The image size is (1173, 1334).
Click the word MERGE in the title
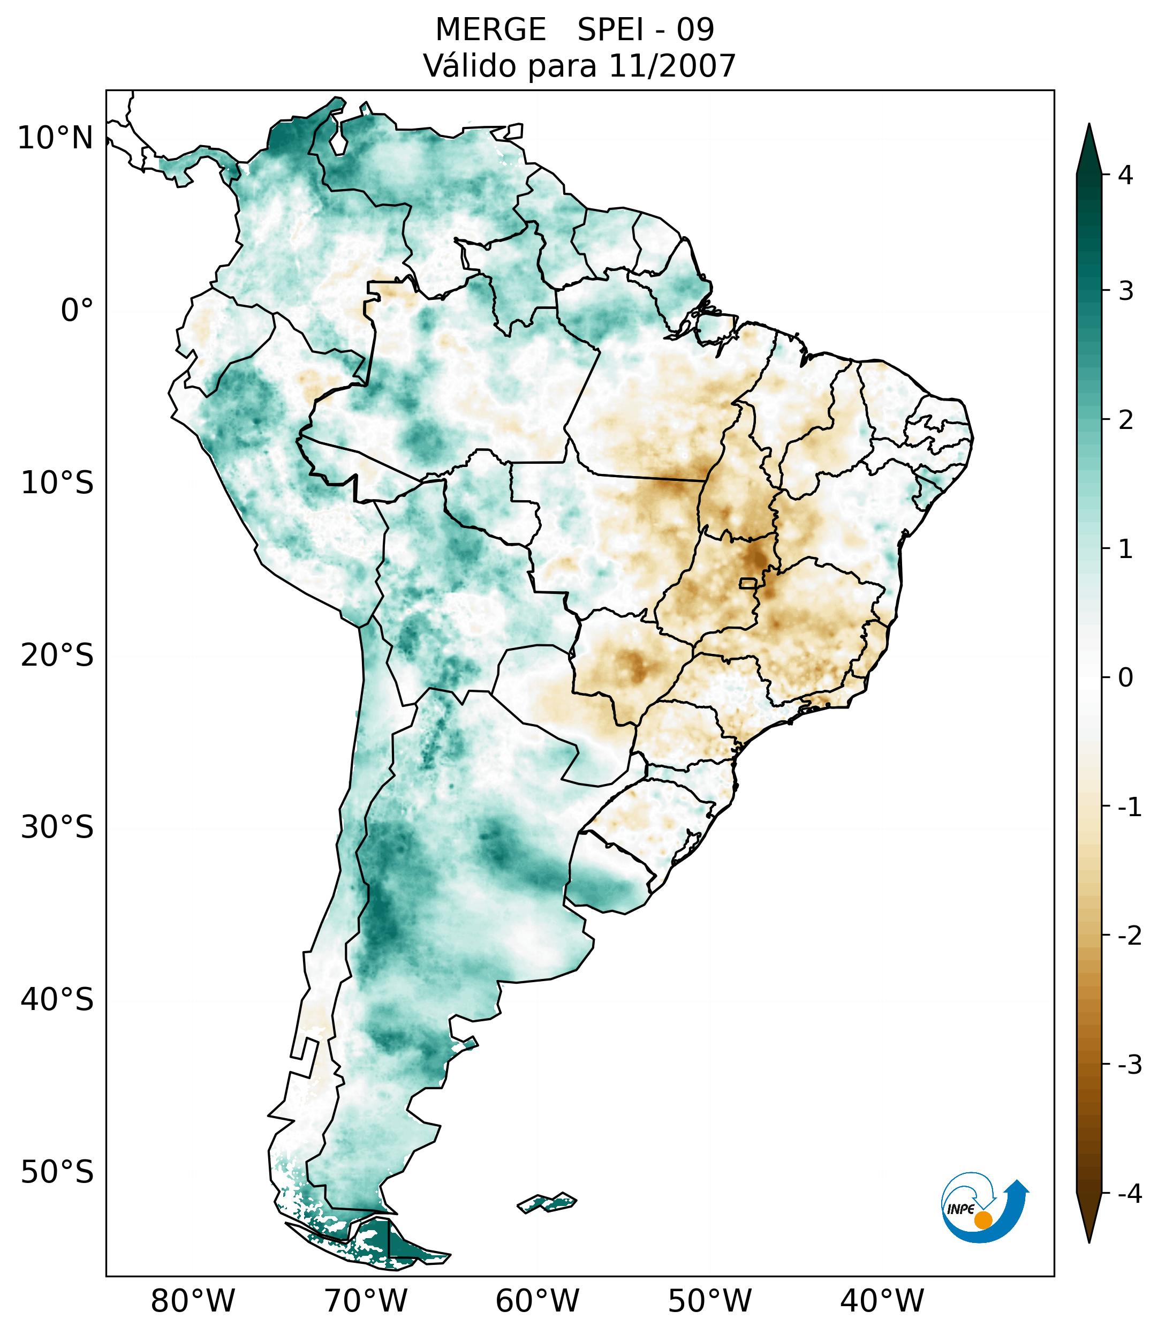(490, 30)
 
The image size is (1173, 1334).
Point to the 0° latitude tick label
(77, 311)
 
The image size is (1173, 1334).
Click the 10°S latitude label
(57, 484)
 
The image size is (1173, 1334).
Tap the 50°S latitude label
(57, 1173)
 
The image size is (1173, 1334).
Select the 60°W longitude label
(537, 1301)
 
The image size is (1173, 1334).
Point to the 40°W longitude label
(882, 1301)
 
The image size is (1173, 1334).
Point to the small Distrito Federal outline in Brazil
(747, 583)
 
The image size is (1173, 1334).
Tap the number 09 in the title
(695, 30)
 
